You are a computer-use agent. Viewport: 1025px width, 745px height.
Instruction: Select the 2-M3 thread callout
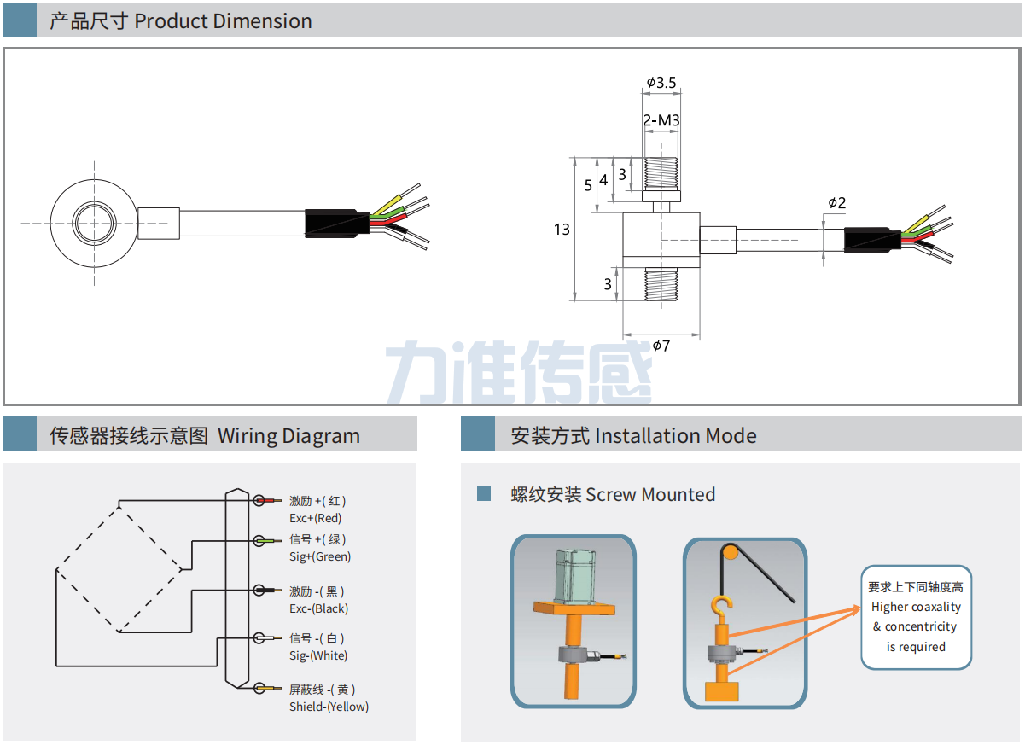pos(661,121)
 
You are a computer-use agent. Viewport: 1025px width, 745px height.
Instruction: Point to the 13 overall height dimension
pos(561,230)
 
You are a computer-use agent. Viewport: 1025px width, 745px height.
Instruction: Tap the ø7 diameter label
pos(661,346)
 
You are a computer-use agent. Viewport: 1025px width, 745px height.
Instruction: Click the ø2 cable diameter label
pos(836,203)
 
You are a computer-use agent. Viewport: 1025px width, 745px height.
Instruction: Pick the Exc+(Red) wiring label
pos(315,518)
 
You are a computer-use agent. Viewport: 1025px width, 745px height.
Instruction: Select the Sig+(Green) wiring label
pos(319,556)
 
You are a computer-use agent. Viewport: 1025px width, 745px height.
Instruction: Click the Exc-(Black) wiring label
pos(318,608)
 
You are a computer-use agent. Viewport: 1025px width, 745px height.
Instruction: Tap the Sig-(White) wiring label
pos(317,655)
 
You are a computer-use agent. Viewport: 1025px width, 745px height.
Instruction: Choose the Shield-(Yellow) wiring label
pos(329,707)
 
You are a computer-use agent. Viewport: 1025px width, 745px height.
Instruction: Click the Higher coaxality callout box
pos(916,616)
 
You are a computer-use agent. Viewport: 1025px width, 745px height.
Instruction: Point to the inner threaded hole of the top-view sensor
pos(94,223)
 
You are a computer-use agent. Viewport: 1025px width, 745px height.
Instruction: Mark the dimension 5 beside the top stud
pos(587,185)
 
